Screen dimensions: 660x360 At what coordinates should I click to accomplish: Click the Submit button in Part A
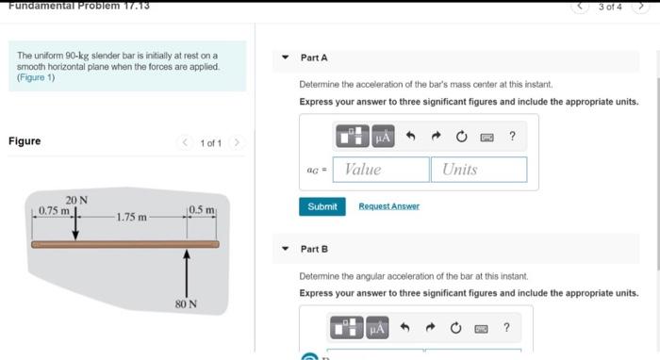[322, 206]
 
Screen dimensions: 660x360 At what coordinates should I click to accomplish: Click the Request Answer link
[388, 206]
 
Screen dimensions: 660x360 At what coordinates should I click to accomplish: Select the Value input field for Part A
[381, 170]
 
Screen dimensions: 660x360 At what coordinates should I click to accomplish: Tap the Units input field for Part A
[479, 170]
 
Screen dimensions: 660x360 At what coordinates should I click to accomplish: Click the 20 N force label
[76, 200]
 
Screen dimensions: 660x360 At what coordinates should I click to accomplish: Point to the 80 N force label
[186, 303]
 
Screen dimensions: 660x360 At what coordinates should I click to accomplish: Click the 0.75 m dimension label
[54, 210]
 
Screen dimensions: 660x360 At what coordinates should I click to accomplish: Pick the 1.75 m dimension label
[131, 217]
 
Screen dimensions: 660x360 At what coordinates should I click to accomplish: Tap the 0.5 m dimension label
[202, 209]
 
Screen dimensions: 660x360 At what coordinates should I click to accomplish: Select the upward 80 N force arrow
[187, 274]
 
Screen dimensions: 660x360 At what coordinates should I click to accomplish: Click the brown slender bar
[125, 244]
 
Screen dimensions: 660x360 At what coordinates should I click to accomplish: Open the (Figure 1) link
[36, 77]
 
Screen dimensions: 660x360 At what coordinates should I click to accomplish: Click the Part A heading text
[314, 57]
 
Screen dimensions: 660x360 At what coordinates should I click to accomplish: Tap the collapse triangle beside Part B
[286, 249]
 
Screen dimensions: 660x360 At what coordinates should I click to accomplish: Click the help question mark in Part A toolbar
[512, 136]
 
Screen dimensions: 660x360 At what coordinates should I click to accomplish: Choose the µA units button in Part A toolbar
[383, 137]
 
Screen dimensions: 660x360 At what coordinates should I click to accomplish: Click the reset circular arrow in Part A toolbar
[461, 137]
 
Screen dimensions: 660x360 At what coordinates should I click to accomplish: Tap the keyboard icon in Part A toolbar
[487, 137]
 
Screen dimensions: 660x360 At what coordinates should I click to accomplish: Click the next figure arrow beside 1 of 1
[237, 142]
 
